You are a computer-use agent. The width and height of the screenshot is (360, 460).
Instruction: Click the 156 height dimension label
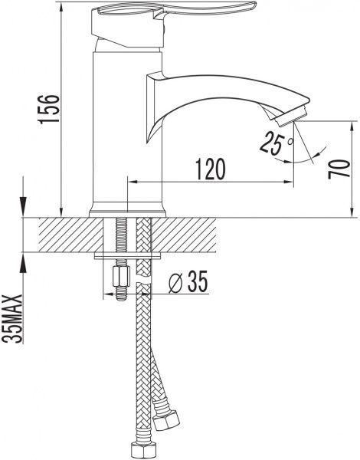pos(49,109)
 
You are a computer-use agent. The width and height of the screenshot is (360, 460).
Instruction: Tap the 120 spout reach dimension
pos(211,169)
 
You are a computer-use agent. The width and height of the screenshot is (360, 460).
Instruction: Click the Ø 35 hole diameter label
pos(188,282)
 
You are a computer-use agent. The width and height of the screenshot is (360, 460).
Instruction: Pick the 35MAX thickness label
pos(12,319)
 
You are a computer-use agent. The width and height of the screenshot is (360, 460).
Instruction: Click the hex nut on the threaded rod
pos(121,276)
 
